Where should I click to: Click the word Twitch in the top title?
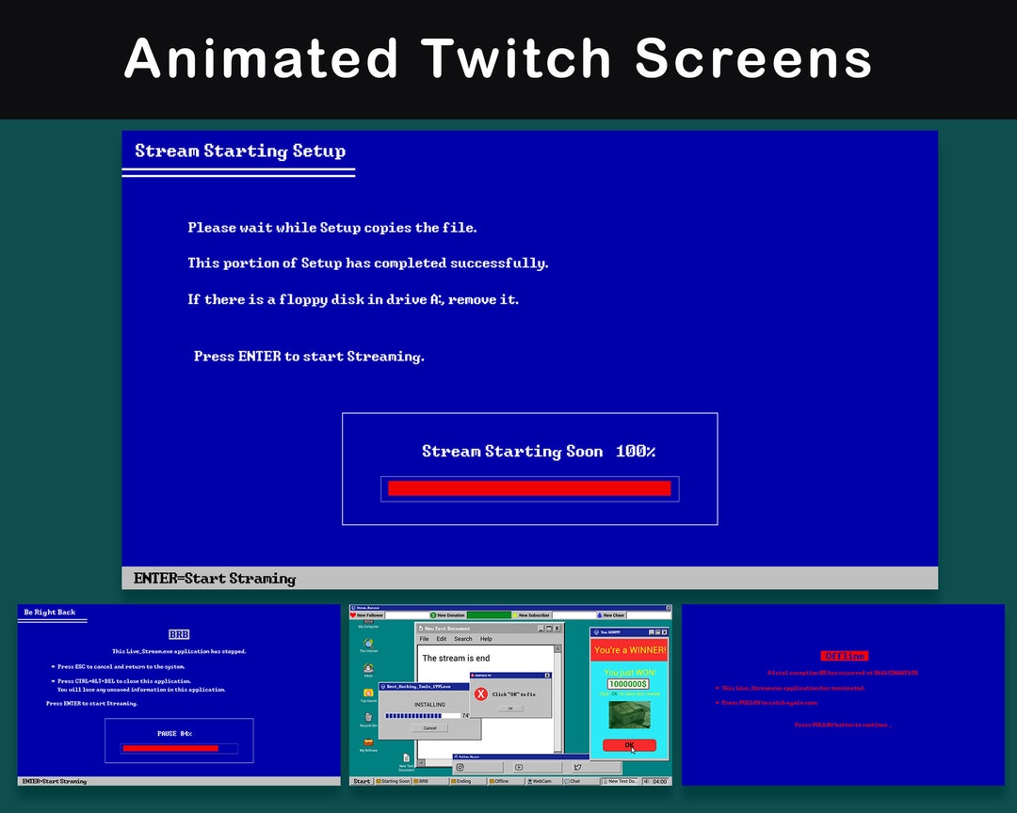516,58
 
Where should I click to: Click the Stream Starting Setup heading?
240,151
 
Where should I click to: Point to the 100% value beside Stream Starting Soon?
636,452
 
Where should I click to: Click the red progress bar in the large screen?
529,488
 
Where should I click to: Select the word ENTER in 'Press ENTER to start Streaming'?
260,357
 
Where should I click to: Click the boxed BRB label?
179,635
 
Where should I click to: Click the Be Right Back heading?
50,613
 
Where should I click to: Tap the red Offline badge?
844,656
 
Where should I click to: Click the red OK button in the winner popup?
629,745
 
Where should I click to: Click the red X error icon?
481,693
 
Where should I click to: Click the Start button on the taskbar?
361,781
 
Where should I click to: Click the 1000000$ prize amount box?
627,684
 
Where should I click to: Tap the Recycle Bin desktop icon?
368,720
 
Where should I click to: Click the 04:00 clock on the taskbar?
659,781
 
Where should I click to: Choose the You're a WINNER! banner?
629,650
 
